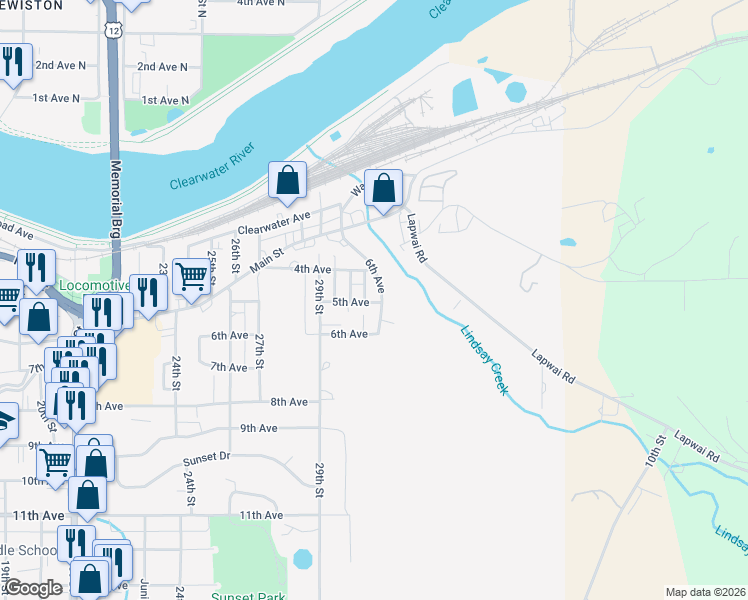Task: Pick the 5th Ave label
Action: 350,302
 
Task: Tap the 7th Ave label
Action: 230,368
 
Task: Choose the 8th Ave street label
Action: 289,402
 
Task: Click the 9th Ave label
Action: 258,428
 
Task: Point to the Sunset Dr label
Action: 206,457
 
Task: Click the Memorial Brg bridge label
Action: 116,197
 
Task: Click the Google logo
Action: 33,589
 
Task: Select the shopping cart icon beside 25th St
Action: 190,276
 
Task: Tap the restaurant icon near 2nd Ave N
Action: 14,63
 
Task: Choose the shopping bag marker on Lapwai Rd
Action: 383,187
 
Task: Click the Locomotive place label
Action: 94,285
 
